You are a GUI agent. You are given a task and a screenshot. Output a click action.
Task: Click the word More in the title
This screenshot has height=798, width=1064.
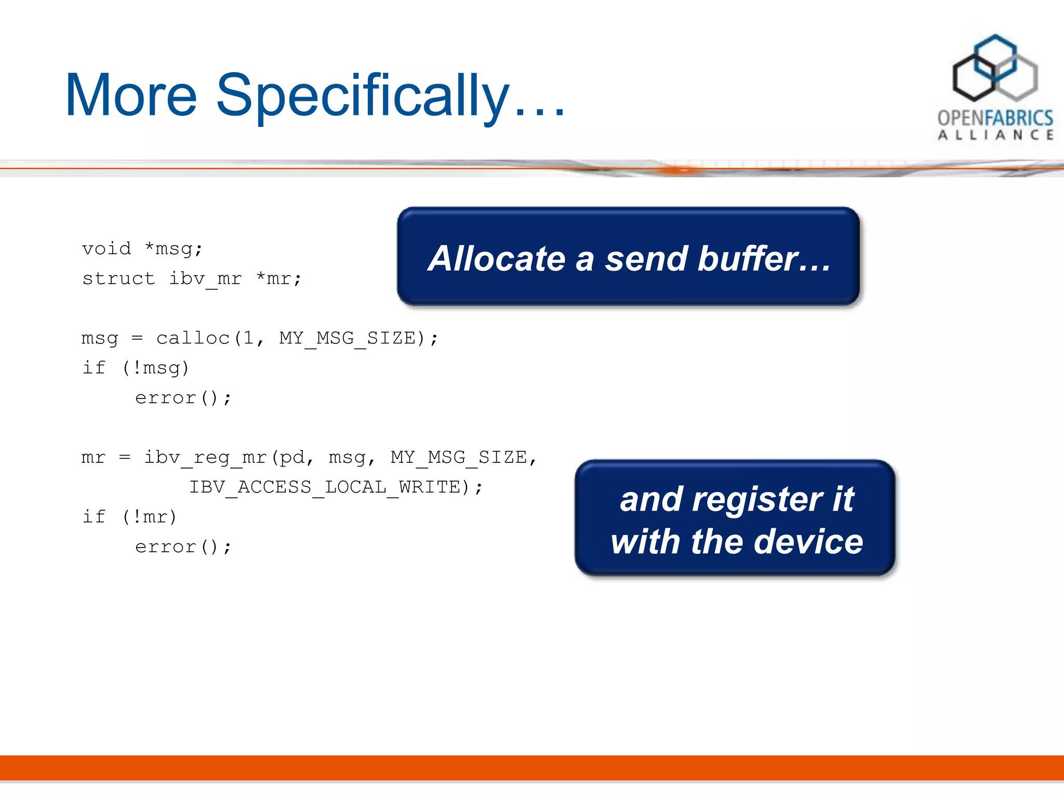(x=131, y=96)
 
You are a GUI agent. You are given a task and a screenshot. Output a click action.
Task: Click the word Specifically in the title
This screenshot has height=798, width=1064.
(x=362, y=96)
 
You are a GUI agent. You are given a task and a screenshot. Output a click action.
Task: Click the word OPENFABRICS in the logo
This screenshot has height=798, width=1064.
(x=995, y=118)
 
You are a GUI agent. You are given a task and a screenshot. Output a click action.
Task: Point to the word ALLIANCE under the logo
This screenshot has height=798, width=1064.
(x=995, y=136)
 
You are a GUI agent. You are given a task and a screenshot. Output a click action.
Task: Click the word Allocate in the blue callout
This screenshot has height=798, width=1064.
(x=497, y=259)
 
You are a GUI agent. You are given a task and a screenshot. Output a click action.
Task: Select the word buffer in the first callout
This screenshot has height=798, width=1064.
(x=748, y=259)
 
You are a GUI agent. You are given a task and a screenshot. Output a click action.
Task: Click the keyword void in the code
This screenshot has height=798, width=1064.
(x=107, y=248)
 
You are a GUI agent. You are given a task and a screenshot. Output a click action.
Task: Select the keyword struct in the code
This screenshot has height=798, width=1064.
(x=118, y=278)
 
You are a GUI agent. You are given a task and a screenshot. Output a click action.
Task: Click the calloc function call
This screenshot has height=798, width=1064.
(x=193, y=338)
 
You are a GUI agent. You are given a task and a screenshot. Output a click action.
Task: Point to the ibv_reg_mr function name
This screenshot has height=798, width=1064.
(x=205, y=458)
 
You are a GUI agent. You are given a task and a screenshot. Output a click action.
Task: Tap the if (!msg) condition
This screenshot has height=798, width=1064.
(x=136, y=368)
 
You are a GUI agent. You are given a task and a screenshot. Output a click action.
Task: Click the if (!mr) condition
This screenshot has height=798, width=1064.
(x=130, y=517)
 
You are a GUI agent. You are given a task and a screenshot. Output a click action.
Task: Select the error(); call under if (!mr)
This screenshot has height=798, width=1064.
(x=183, y=547)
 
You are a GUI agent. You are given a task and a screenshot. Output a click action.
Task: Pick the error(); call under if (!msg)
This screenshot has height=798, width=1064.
(x=183, y=398)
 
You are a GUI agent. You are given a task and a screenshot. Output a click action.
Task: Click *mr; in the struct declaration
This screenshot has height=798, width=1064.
(x=278, y=278)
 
